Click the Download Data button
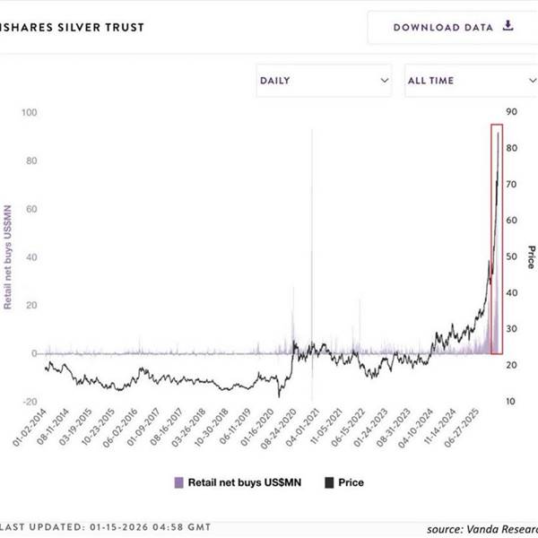453,27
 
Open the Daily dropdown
325,81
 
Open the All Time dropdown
470,81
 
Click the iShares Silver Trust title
72,27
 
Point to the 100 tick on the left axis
30,113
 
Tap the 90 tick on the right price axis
512,112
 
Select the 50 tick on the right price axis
512,256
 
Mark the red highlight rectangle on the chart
496,239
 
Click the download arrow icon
508,26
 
